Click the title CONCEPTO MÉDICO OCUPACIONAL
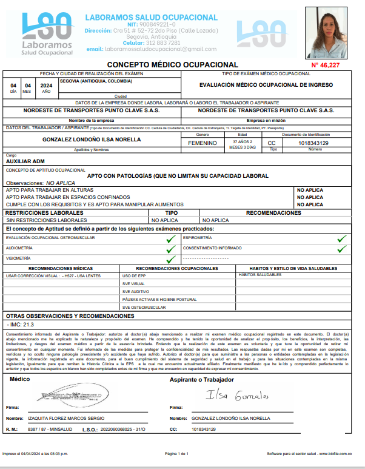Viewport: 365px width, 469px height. [x=172, y=64]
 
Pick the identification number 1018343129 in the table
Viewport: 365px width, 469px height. [x=314, y=143]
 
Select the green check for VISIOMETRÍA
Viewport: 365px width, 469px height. [x=171, y=258]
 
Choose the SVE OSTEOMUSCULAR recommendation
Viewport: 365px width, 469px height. [x=144, y=308]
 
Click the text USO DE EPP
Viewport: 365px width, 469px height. [x=134, y=276]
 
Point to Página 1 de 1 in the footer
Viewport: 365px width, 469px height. [x=177, y=454]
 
